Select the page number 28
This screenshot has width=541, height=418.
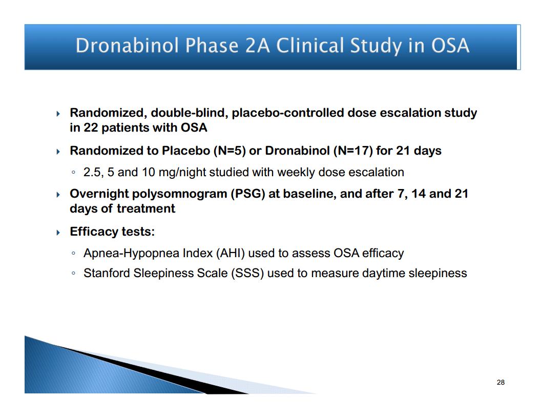(501, 382)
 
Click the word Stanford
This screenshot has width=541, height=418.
(107, 273)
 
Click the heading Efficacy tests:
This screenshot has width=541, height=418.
(112, 232)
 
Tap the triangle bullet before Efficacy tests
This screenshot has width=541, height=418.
(58, 233)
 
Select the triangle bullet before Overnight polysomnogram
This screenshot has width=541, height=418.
(58, 195)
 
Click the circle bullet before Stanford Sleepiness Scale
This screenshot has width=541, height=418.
(73, 274)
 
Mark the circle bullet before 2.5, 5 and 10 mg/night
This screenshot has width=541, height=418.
(73, 173)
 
